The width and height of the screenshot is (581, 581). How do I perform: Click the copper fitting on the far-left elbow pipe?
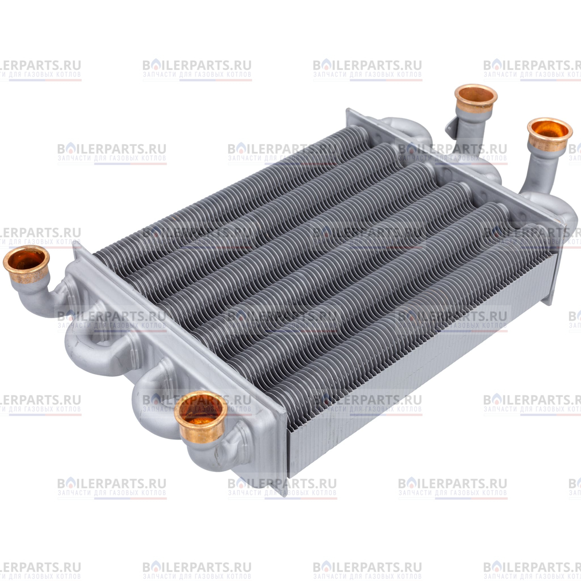[x=26, y=265]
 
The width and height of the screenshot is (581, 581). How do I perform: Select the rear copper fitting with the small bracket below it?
[x=476, y=99]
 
